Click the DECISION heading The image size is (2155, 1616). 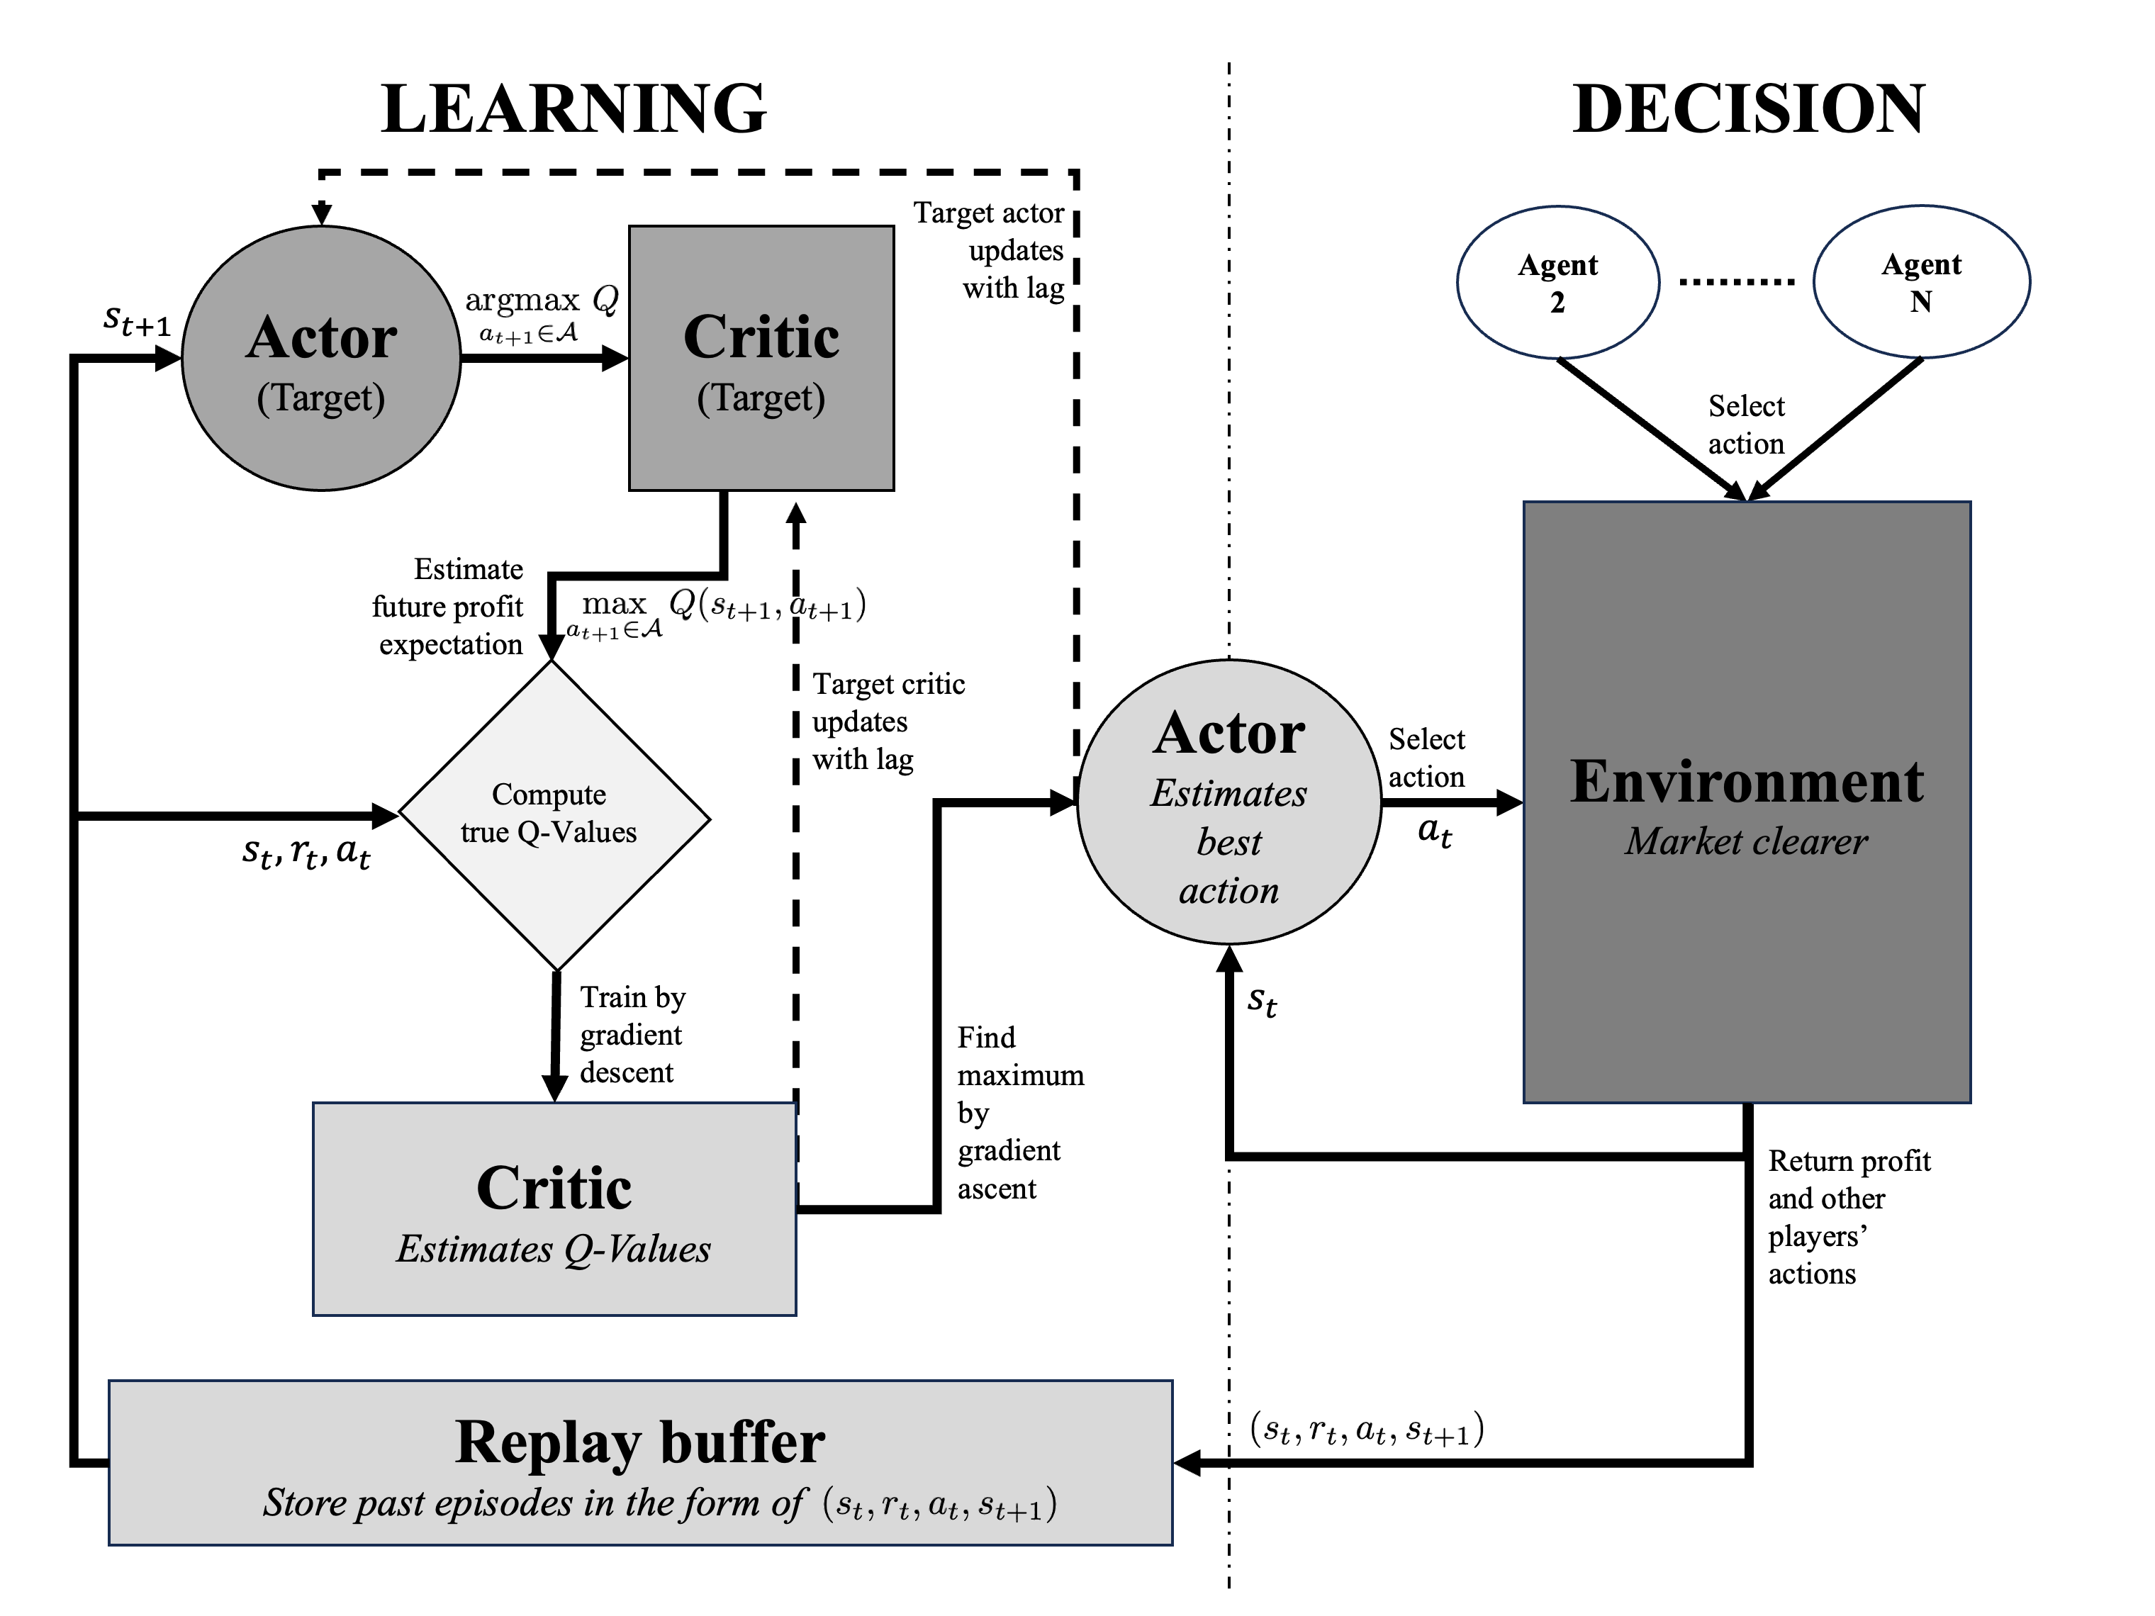point(1748,108)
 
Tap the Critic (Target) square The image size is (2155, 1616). point(761,359)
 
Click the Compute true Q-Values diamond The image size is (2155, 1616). point(554,815)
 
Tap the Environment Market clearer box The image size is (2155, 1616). point(1747,802)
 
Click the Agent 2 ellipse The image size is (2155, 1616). point(1557,283)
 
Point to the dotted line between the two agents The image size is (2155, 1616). point(1736,283)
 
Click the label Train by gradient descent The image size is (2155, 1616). point(632,1035)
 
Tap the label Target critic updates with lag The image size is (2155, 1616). point(887,722)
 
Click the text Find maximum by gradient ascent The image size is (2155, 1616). point(1019,1112)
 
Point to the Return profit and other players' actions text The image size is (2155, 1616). point(1847,1217)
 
